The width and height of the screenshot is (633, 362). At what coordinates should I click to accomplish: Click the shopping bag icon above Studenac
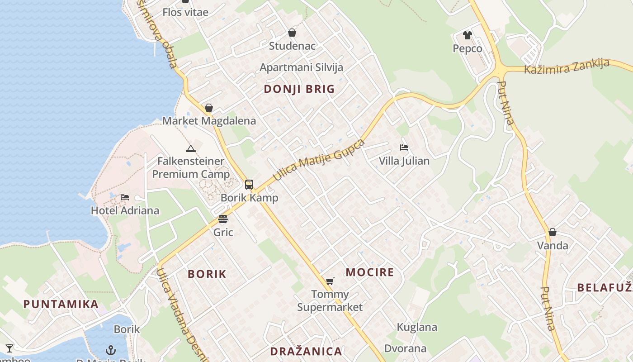292,33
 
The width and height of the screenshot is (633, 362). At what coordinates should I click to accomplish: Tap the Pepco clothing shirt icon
467,35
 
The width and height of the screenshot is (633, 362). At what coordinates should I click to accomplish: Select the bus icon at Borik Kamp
249,184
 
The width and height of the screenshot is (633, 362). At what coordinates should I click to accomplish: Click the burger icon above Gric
223,219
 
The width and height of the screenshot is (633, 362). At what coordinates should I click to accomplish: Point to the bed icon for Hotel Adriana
125,197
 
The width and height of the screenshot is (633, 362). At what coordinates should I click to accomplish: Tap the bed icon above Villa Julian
404,148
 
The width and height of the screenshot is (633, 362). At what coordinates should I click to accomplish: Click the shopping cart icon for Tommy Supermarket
330,281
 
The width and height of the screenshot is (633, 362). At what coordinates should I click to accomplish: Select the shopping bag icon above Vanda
552,232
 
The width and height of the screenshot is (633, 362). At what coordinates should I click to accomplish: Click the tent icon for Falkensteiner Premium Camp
191,148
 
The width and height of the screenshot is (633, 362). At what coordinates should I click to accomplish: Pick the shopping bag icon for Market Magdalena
209,108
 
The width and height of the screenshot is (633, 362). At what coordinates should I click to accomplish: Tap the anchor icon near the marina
111,350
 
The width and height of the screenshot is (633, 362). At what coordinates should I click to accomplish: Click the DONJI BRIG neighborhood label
299,89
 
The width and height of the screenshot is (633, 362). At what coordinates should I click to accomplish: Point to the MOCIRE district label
370,272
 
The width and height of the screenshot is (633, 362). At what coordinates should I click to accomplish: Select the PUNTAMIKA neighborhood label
61,304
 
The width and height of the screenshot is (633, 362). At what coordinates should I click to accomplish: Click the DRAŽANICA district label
306,351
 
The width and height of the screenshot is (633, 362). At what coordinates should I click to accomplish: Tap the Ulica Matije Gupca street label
319,160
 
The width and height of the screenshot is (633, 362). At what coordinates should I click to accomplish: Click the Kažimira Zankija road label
567,67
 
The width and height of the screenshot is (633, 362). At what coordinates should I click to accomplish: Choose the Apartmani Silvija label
301,67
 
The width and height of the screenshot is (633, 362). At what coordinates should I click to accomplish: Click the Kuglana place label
417,327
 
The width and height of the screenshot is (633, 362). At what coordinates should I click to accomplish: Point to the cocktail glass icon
9,348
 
